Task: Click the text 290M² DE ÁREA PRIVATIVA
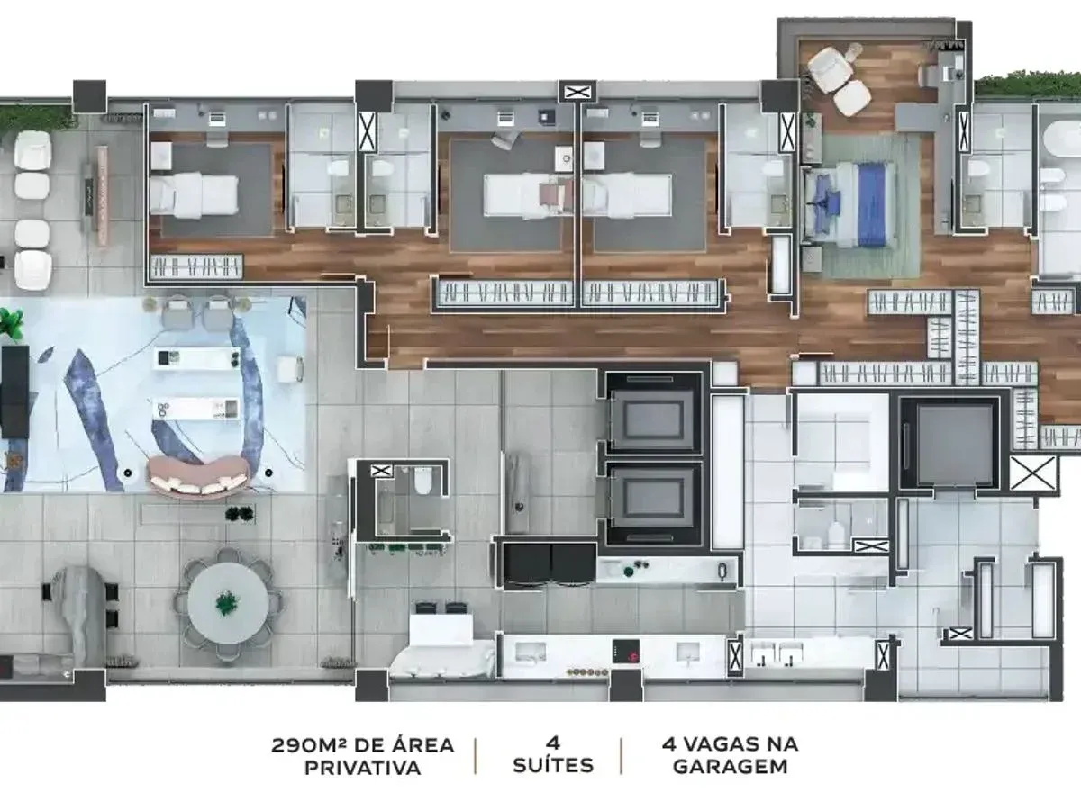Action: click(x=362, y=757)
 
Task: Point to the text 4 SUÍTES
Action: click(x=553, y=756)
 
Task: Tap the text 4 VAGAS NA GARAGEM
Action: click(x=730, y=756)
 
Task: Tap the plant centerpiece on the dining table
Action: click(x=227, y=602)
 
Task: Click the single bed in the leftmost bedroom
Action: click(x=194, y=195)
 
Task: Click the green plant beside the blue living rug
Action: click(x=11, y=324)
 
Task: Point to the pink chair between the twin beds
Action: click(x=556, y=195)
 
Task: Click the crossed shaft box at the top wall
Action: click(x=577, y=92)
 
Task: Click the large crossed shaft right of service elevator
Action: click(x=1033, y=473)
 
